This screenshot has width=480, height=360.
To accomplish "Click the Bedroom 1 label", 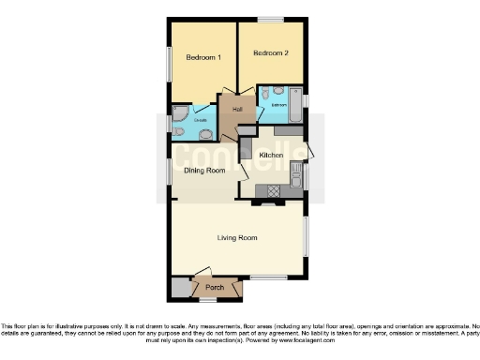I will (202, 58).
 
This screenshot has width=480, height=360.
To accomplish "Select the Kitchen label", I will (272, 155).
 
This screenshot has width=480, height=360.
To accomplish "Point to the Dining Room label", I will (203, 171).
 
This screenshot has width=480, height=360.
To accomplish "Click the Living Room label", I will (237, 238).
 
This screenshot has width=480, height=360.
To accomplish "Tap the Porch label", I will (216, 287).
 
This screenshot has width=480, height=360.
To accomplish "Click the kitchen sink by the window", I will (297, 174).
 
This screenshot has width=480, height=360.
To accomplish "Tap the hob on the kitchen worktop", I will (274, 190).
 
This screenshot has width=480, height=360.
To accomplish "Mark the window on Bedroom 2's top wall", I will (271, 19).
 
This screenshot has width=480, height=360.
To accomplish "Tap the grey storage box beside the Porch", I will (179, 287).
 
